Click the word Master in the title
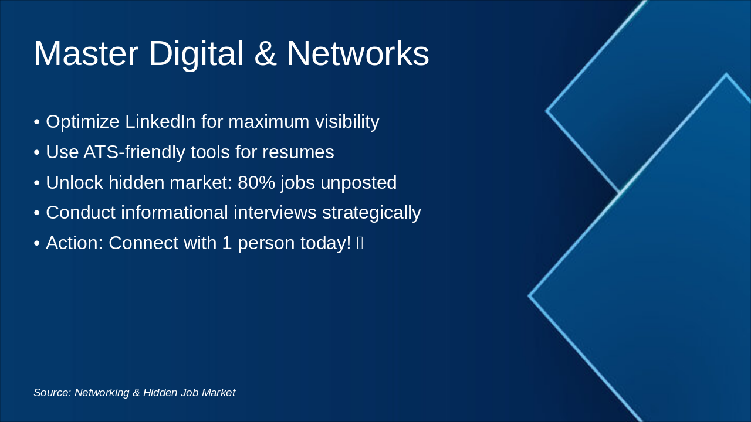86,53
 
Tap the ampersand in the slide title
265,53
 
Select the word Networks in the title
358,53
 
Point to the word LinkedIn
160,121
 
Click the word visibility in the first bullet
347,122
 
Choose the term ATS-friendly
134,152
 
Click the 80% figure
256,182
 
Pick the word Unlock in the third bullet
75,182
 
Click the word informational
174,212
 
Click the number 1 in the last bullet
227,243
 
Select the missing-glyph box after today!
360,243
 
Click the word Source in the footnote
53,393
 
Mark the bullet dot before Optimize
37,122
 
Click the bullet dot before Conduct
37,213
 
